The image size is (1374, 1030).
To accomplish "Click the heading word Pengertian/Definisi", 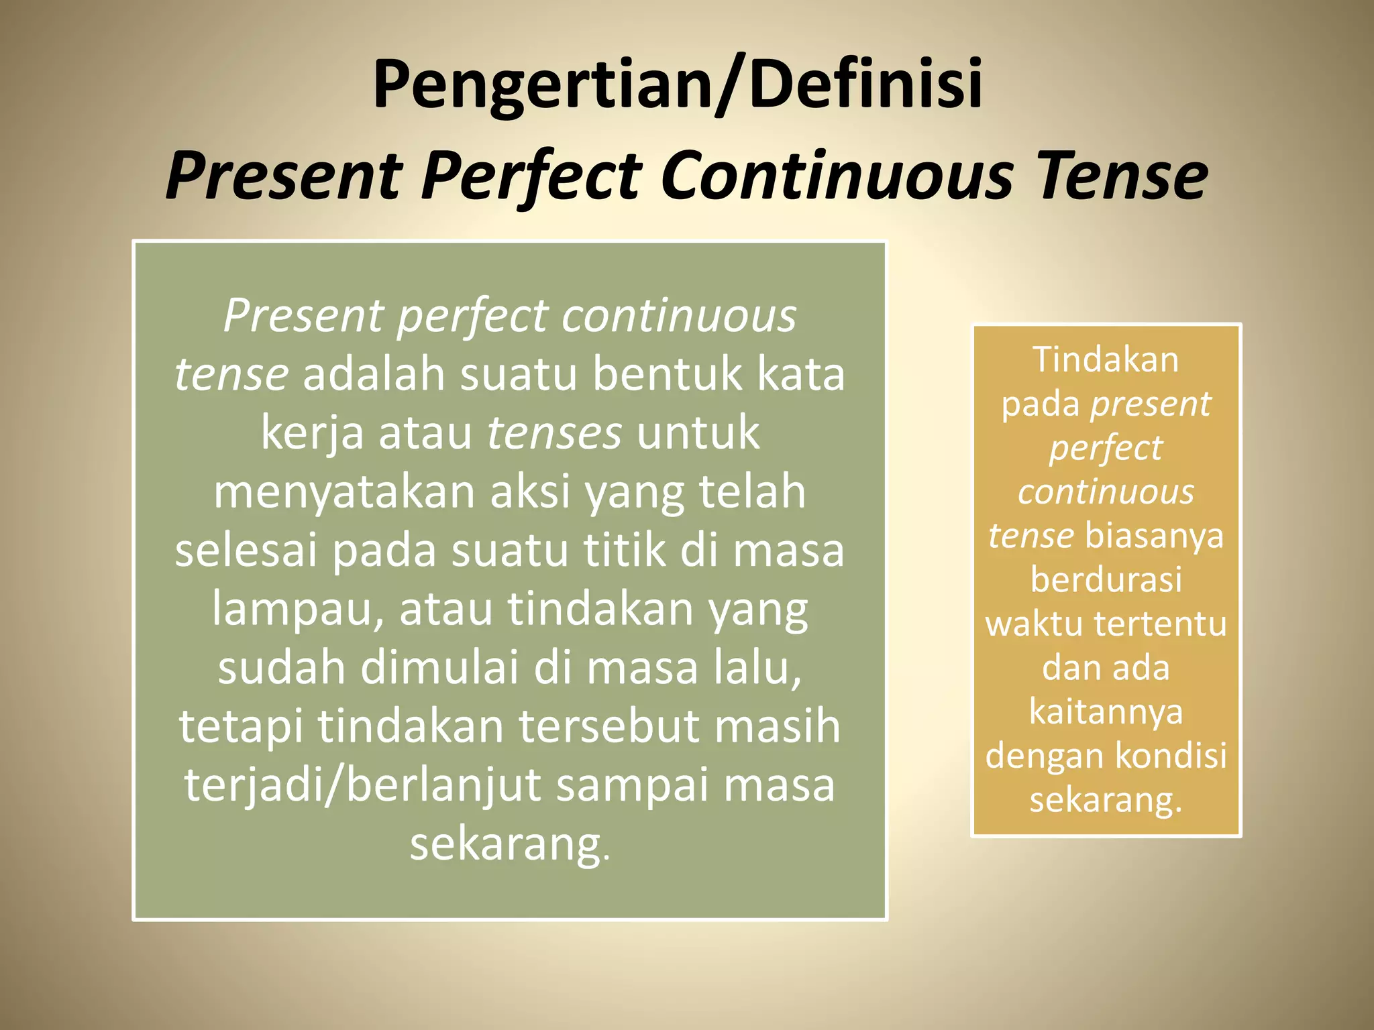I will click(678, 84).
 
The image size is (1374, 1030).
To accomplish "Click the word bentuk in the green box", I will click(667, 374).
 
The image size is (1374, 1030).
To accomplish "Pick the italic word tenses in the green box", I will click(554, 433).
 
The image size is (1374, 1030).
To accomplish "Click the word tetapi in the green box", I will click(241, 726).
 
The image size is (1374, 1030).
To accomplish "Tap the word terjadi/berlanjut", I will click(363, 785).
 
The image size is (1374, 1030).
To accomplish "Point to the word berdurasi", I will click(1106, 579).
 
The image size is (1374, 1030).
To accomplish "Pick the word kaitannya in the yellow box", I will click(1106, 711).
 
